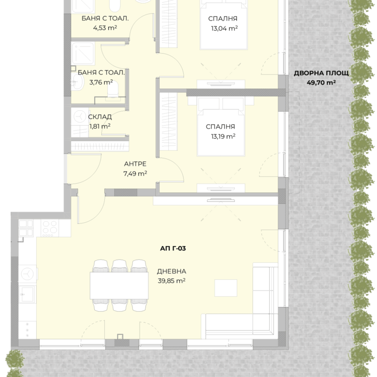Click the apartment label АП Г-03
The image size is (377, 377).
(173, 248)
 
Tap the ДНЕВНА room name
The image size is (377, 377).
(172, 271)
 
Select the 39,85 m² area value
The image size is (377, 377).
(172, 281)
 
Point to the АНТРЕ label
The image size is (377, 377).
(135, 164)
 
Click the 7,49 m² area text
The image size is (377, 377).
(135, 174)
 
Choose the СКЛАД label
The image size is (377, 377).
(100, 117)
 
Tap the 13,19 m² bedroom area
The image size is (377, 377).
(223, 136)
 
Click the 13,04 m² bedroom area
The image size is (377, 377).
(224, 29)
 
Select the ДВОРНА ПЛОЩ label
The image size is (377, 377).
(321, 73)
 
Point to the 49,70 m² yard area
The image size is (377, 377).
(321, 83)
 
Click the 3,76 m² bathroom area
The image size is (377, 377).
(101, 82)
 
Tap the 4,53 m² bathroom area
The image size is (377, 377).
(105, 28)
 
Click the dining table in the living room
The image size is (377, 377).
(119, 285)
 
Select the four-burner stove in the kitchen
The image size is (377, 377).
(50, 228)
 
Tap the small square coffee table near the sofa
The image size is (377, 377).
(226, 288)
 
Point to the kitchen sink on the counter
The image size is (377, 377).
(28, 294)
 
